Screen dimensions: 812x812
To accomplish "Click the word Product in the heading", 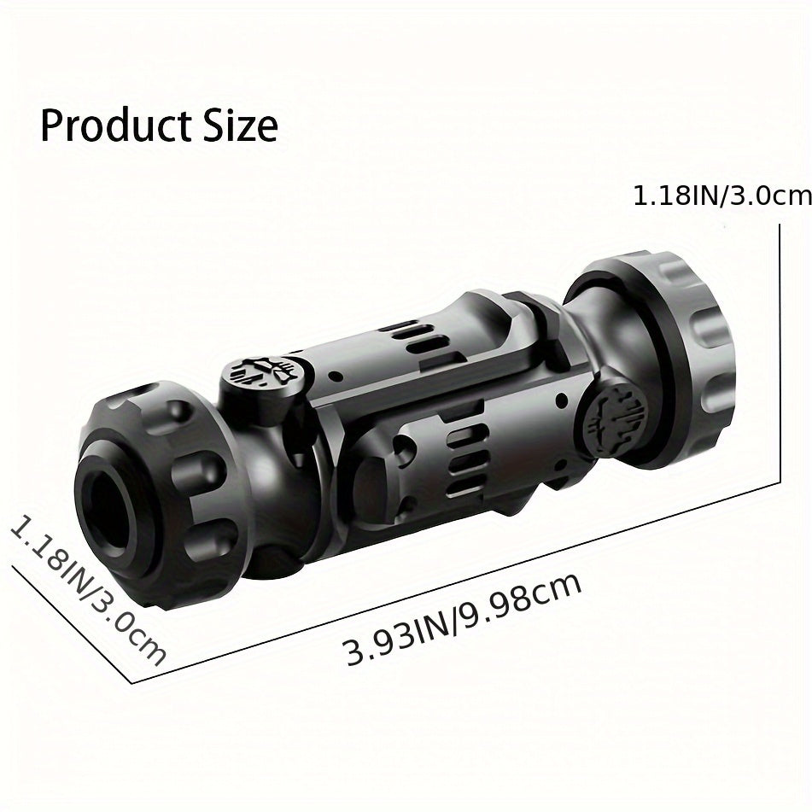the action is point(114,126).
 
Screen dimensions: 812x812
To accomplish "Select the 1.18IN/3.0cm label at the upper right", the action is point(722,196).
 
